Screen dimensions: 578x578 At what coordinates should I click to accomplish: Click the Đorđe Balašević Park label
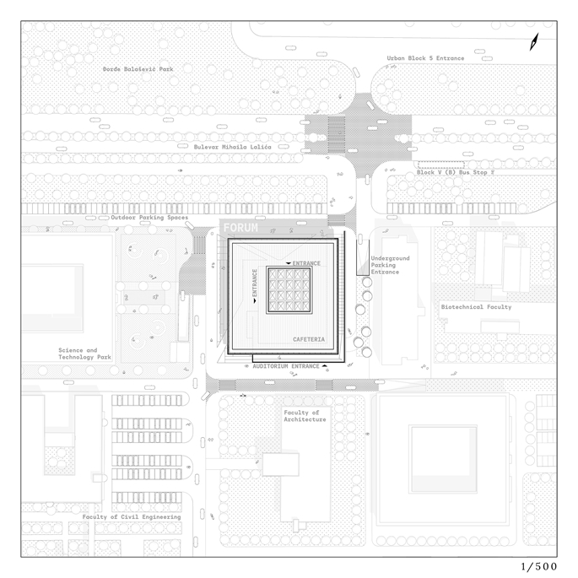click(138, 69)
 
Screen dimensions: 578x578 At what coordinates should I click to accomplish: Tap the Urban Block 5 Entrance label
click(425, 58)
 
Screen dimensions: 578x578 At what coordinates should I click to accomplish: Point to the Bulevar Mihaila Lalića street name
click(233, 147)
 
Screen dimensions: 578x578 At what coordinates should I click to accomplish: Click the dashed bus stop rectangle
click(440, 165)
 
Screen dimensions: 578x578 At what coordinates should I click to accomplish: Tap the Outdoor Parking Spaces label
click(149, 218)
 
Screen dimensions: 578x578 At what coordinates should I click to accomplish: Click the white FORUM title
click(240, 228)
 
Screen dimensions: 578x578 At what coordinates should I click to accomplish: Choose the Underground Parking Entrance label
click(390, 265)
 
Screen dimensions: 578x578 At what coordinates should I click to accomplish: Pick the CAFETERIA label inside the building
click(309, 339)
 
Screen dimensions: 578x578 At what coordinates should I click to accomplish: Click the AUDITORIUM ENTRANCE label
click(286, 366)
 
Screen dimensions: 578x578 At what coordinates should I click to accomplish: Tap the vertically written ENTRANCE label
click(255, 283)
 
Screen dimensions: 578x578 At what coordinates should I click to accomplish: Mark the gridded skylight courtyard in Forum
click(289, 290)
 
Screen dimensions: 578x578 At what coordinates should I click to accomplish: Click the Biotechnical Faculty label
click(476, 306)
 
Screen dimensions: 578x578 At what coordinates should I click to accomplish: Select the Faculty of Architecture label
click(305, 416)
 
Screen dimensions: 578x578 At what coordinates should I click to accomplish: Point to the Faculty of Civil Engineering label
click(132, 516)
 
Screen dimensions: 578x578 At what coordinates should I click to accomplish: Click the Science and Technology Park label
click(84, 354)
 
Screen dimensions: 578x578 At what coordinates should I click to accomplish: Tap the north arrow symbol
click(534, 41)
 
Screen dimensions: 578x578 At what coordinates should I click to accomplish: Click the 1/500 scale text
click(539, 566)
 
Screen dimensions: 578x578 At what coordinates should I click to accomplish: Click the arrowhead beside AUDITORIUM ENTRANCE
click(324, 365)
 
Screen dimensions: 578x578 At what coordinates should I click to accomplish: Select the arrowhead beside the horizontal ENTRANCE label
click(289, 263)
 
